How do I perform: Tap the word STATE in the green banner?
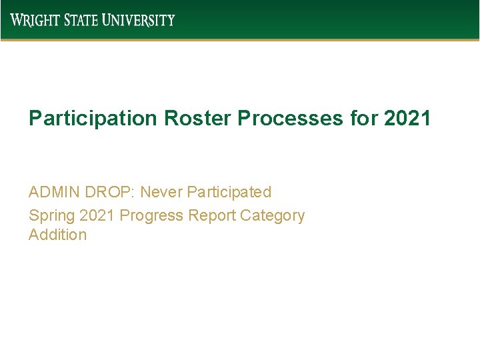81,20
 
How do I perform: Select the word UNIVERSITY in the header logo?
139,20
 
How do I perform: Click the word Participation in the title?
92,119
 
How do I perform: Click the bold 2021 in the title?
407,119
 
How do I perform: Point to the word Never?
161,192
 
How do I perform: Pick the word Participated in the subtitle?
229,192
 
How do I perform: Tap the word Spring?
51,216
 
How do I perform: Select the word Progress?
151,216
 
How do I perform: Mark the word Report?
212,216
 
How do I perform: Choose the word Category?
272,216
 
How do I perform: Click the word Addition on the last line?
57,235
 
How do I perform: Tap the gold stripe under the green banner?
240,39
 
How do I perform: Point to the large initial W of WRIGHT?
16,20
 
